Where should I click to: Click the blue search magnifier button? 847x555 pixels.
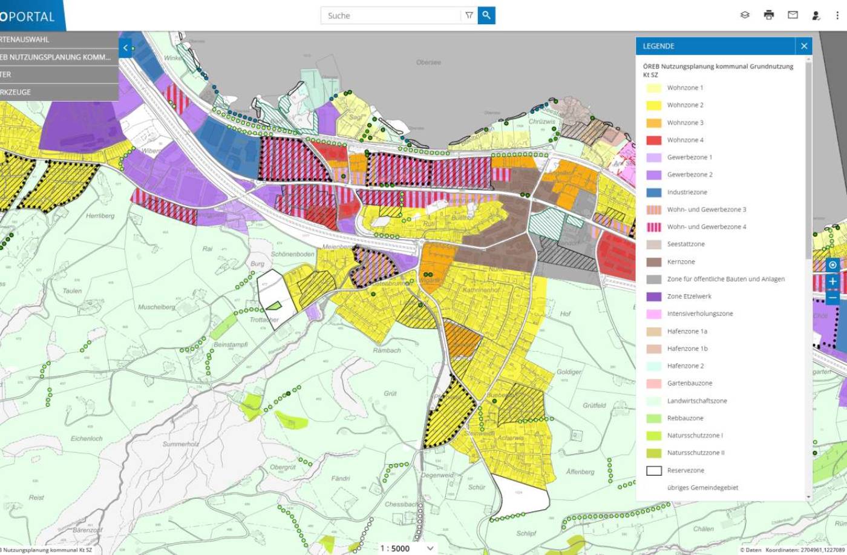(486, 16)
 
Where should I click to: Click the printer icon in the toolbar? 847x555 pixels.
(769, 15)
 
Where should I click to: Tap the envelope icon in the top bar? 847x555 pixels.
(793, 15)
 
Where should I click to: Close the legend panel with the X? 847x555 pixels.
(804, 46)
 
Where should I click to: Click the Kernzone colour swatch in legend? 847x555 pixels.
(653, 262)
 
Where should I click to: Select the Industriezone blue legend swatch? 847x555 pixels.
(653, 192)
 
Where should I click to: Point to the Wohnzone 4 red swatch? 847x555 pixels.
(653, 140)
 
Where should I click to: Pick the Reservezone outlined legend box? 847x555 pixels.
(653, 470)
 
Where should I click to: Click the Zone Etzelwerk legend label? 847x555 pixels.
(689, 297)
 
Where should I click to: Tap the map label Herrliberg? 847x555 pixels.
(100, 216)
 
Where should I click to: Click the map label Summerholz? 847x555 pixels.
(180, 444)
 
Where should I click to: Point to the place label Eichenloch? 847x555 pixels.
(87, 438)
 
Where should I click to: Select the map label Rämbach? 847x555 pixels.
(387, 350)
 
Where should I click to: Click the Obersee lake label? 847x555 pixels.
(428, 62)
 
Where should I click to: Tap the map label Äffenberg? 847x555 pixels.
(580, 471)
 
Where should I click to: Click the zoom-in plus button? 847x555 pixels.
(832, 281)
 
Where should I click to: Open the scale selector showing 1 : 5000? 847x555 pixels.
(406, 548)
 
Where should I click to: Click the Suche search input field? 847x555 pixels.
(390, 16)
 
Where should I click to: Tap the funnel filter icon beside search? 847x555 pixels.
(469, 16)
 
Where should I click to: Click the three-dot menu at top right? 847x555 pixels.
(837, 15)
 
